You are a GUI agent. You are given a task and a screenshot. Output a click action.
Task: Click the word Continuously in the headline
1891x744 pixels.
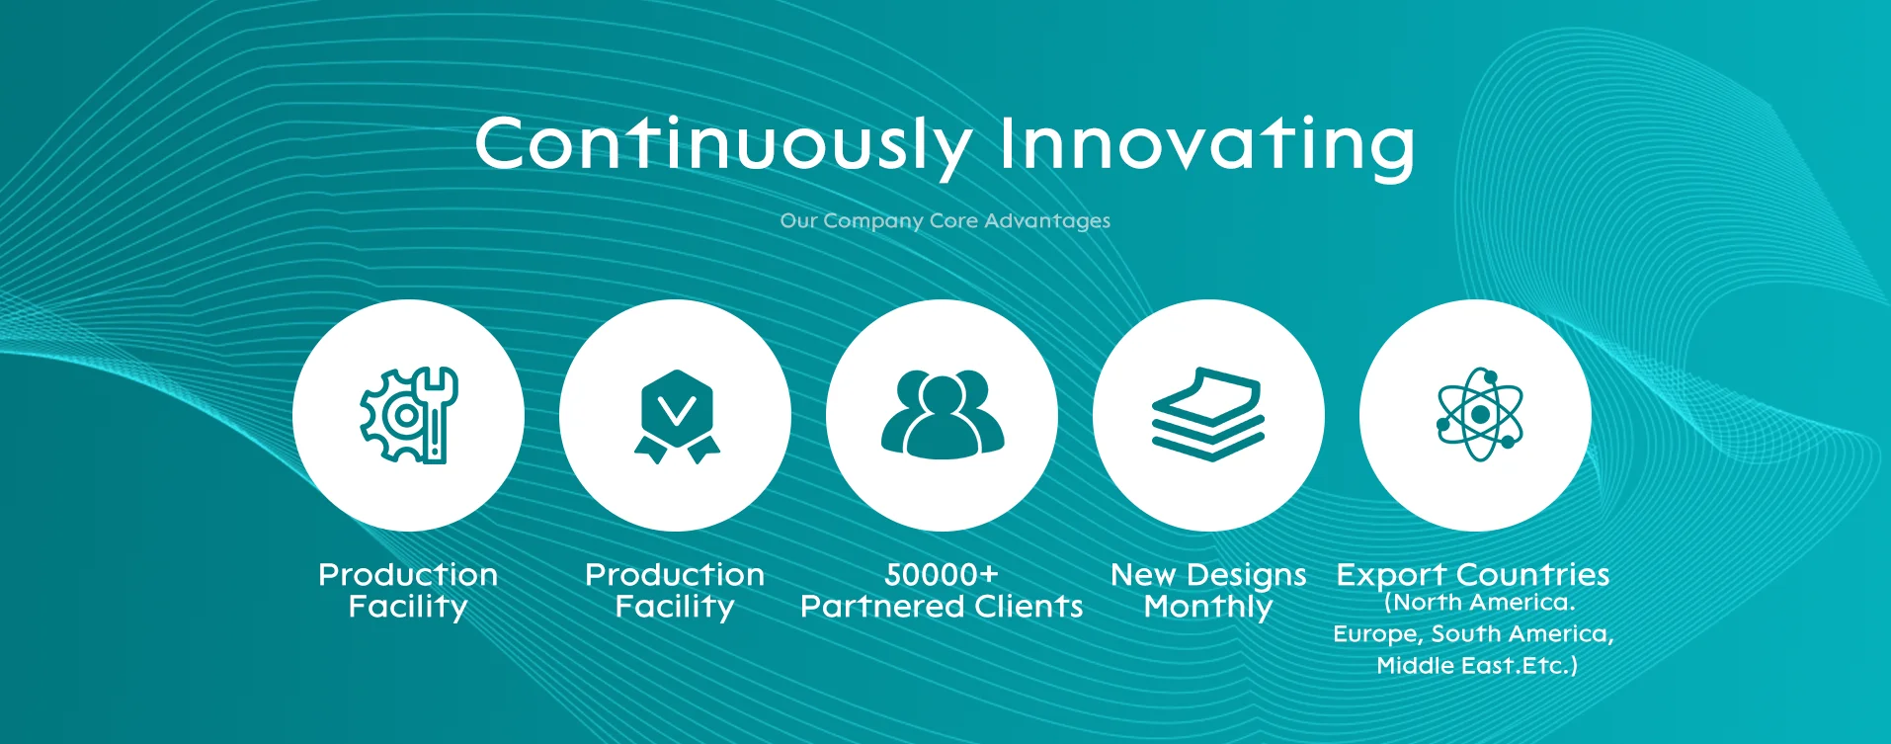click(723, 145)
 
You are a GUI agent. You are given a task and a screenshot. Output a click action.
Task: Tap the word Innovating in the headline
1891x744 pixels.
click(1207, 145)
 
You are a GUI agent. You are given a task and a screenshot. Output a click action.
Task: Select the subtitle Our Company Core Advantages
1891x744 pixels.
click(945, 220)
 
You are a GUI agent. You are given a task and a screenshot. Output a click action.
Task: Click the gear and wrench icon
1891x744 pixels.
click(408, 415)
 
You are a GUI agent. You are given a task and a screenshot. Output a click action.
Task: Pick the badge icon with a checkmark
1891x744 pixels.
click(677, 416)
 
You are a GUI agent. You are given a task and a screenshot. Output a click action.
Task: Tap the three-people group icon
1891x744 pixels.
click(943, 415)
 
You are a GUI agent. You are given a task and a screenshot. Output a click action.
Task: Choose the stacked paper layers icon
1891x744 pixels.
click(1208, 414)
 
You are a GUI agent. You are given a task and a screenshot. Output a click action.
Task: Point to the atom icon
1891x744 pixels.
click(1480, 415)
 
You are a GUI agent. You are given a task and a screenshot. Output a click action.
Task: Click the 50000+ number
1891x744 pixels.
click(942, 574)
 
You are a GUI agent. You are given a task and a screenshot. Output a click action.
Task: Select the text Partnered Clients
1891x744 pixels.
click(942, 607)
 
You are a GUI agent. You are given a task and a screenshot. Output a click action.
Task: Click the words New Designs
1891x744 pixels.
click(1208, 575)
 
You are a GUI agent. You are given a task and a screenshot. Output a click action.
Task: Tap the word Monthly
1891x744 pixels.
click(1208, 607)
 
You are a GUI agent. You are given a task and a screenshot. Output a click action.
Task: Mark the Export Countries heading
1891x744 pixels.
click(1473, 575)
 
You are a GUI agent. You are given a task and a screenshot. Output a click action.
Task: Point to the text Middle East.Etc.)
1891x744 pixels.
click(1477, 666)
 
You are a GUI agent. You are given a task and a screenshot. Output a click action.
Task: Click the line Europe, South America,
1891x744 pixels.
click(1473, 634)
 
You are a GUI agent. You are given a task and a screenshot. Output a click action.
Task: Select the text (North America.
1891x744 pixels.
click(1479, 603)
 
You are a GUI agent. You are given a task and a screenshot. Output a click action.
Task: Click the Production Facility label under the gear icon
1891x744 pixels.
click(408, 591)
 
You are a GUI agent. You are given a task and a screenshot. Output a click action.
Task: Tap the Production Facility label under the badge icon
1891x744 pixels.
click(675, 591)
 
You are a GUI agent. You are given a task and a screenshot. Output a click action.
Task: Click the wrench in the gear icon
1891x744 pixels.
click(436, 415)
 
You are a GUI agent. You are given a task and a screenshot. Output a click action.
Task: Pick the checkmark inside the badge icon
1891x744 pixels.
click(677, 409)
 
